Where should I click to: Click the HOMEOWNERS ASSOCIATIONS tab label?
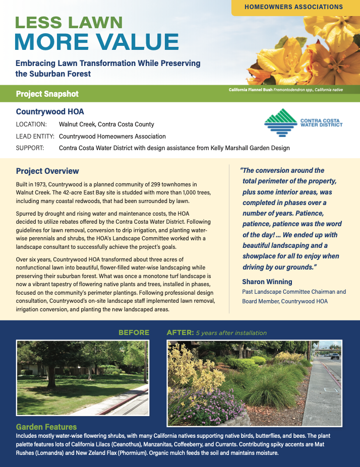click(x=293, y=7)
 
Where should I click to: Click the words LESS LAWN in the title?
click(x=69, y=22)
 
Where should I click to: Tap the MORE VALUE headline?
click(x=97, y=42)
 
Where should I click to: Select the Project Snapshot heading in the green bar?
click(x=47, y=94)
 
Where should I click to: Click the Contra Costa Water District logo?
click(x=303, y=123)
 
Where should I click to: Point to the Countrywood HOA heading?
click(x=49, y=111)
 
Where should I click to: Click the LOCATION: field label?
click(x=31, y=124)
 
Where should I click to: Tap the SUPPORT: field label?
click(x=30, y=148)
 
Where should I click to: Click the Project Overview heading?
click(x=47, y=171)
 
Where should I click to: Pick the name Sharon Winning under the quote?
click(x=267, y=282)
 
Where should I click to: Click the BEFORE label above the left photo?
click(x=134, y=332)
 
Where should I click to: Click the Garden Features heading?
click(x=46, y=427)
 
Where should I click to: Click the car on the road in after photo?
click(x=335, y=356)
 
